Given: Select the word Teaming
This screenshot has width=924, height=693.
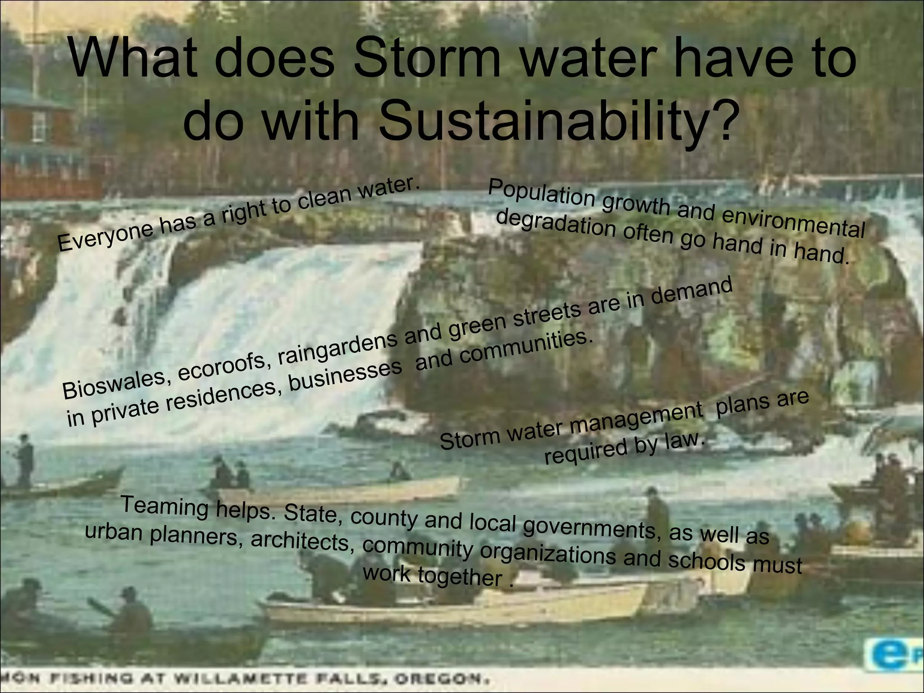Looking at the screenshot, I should tap(165, 505).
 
